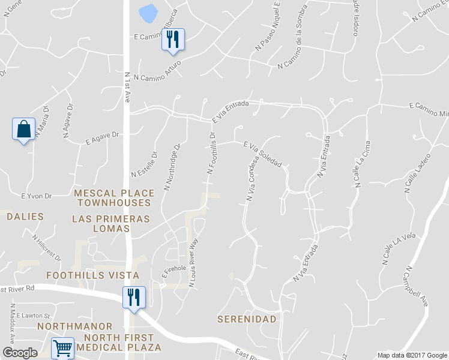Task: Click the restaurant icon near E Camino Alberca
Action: click(172, 40)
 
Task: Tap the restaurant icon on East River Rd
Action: click(133, 298)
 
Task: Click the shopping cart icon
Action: click(62, 347)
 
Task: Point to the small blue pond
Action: click(148, 12)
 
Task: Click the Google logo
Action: click(20, 353)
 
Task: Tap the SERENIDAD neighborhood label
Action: click(247, 319)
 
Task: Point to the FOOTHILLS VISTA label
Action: click(92, 275)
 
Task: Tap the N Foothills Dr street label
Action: click(211, 154)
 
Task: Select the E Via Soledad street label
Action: click(262, 154)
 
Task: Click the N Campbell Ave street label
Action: click(416, 287)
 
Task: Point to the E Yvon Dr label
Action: click(37, 196)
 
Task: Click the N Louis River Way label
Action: click(193, 264)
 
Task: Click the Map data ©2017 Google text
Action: click(412, 355)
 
